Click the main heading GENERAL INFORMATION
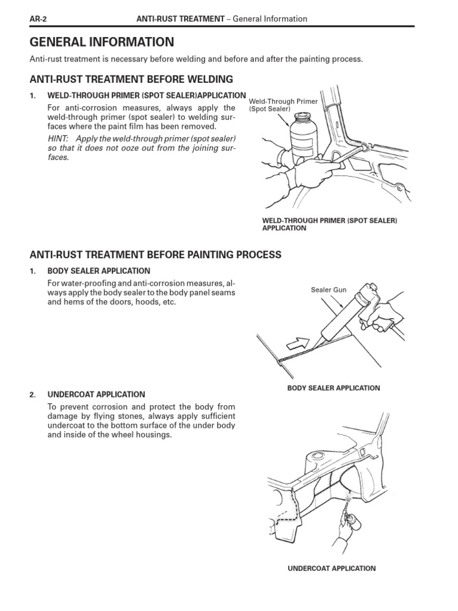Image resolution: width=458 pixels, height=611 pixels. pyautogui.click(x=102, y=42)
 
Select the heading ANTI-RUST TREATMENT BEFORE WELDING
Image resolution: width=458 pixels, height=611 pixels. pyautogui.click(x=131, y=79)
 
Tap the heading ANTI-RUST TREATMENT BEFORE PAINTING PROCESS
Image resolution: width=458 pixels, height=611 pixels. pyautogui.click(x=155, y=255)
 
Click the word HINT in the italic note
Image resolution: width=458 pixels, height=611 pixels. pyautogui.click(x=58, y=138)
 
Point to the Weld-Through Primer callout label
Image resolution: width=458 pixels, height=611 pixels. pyautogui.click(x=283, y=105)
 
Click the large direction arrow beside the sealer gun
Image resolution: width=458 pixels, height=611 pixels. pyautogui.click(x=296, y=344)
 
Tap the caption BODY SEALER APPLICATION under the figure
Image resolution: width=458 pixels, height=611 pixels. pyautogui.click(x=333, y=388)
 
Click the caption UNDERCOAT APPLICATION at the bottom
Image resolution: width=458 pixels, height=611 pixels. pyautogui.click(x=332, y=569)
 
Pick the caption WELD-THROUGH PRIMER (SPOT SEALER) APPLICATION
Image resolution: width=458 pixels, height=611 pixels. pyautogui.click(x=329, y=224)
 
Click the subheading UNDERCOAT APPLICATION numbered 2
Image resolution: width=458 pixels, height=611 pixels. pyautogui.click(x=96, y=394)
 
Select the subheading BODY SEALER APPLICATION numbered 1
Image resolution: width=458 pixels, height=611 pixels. pyautogui.click(x=98, y=271)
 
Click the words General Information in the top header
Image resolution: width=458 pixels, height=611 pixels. pyautogui.click(x=270, y=18)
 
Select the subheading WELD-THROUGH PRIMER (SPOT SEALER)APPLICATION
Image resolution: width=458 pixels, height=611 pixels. pyautogui.click(x=146, y=95)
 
